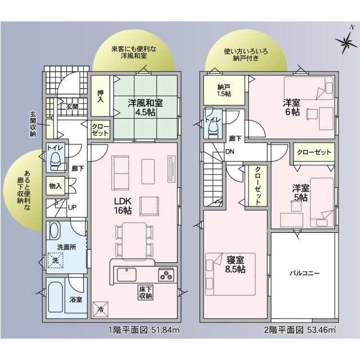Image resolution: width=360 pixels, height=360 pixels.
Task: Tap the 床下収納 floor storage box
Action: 146,292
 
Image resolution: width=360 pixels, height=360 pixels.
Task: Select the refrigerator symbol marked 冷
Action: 100,309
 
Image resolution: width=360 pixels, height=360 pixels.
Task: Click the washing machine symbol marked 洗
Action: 55,260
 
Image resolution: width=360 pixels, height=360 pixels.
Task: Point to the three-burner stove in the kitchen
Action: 166,275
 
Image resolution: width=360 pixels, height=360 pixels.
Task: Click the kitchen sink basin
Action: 127,274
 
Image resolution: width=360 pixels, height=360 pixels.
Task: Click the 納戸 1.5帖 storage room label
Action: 224,91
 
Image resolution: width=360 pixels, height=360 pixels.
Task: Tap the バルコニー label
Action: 304,273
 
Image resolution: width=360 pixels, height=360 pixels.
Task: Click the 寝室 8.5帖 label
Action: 235,264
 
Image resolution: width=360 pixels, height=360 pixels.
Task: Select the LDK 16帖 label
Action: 123,206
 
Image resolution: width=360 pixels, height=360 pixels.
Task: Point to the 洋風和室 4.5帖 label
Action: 145,107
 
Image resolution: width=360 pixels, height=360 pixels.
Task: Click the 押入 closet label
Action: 100,96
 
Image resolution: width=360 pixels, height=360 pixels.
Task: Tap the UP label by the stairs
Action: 73,208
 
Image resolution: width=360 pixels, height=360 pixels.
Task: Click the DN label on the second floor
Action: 229,151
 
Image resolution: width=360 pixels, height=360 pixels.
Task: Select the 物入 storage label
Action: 56,186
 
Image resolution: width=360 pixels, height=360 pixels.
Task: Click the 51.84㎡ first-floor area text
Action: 165,330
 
